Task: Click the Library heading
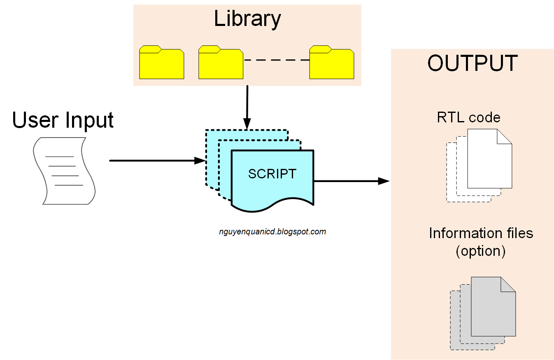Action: [247, 19]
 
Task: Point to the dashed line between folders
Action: [276, 60]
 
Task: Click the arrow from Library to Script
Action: [247, 107]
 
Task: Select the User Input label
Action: [63, 120]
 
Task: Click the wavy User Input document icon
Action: [64, 171]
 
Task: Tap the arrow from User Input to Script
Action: [156, 161]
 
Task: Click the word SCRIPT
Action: [272, 174]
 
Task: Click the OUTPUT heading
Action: [472, 63]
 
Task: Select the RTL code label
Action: [468, 118]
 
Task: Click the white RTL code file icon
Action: [488, 161]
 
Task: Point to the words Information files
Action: [481, 234]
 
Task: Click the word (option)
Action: [480, 251]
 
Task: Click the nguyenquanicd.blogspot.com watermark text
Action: [272, 232]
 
